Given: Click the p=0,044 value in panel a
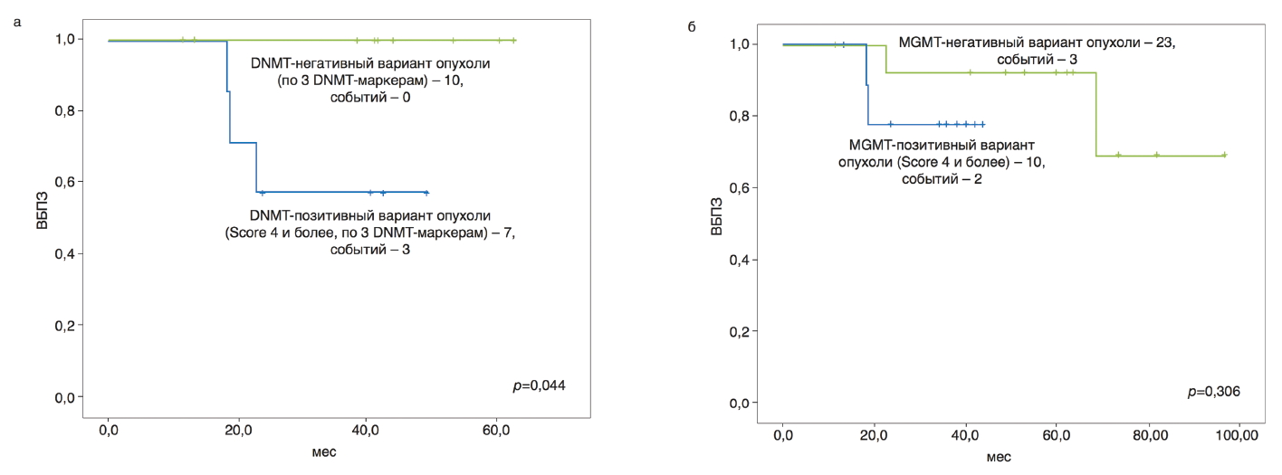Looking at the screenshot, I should pos(539,386).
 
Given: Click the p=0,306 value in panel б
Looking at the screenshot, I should pos(1214,392).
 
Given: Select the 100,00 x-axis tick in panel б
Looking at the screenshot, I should pos(1238,438).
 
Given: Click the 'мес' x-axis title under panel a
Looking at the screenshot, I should pos(323,451).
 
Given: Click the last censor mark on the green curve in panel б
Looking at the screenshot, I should pos(1224,155).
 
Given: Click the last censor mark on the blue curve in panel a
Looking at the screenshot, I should pos(426,193).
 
